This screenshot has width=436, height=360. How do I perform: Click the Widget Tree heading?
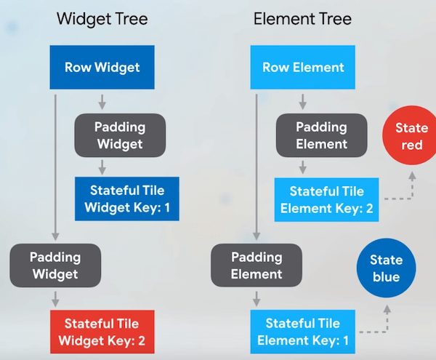(102, 19)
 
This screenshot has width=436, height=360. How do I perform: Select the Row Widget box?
(102, 68)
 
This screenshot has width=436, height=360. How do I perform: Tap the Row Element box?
(303, 68)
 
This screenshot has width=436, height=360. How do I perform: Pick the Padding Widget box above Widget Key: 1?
(120, 135)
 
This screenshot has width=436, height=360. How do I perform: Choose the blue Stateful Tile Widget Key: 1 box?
(126, 199)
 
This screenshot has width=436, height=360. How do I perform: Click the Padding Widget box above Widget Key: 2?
(54, 265)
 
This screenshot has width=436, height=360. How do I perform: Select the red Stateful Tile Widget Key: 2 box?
(102, 331)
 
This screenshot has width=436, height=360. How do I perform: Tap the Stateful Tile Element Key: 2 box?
(326, 199)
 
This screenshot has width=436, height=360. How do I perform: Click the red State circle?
(412, 137)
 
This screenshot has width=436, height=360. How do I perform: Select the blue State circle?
(386, 268)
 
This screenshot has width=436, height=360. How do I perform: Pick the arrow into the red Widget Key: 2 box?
(55, 298)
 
